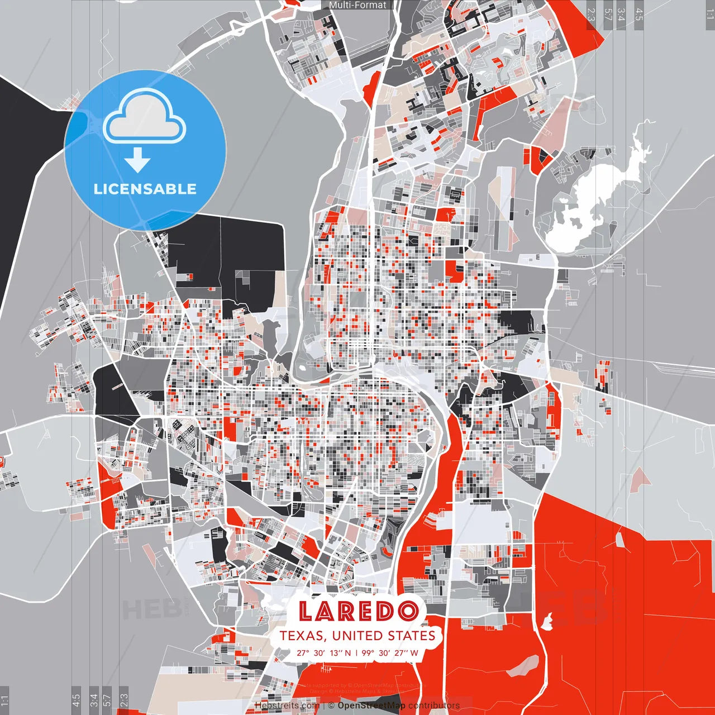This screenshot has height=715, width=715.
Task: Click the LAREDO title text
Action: point(358,612)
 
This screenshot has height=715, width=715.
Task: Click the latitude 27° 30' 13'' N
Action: point(323,652)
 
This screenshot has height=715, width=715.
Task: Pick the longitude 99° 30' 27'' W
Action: point(390,652)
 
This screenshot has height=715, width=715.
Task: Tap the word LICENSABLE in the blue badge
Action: point(145,189)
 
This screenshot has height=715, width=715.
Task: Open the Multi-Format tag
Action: point(357,5)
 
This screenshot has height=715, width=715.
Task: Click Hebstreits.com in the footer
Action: point(287,706)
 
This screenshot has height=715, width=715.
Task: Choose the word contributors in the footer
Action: point(433,706)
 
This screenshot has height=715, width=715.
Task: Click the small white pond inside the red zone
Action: point(548,619)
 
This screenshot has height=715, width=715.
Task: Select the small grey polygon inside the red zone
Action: point(619,539)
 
